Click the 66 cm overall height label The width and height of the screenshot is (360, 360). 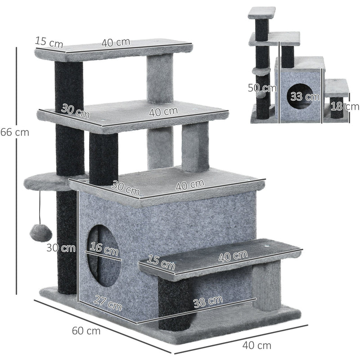(14, 133)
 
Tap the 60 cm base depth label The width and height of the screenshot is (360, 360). (86, 331)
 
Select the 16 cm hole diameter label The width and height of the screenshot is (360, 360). (104, 249)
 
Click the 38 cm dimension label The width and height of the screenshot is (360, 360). (207, 300)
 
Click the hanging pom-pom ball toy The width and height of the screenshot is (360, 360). (36, 233)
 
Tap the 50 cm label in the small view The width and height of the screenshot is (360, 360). (261, 88)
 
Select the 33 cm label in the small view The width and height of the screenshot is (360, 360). (302, 97)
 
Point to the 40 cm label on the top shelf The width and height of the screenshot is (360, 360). (116, 43)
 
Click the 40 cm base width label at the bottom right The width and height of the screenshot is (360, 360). (257, 346)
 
